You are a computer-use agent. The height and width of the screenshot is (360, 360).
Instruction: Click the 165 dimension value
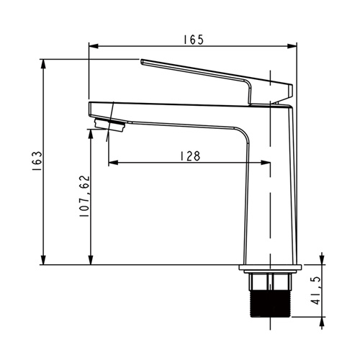194,40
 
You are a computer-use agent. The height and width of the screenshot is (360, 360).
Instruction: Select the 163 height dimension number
37,161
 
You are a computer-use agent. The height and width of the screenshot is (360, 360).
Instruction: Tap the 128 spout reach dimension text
190,156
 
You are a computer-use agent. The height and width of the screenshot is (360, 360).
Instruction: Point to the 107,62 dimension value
84,197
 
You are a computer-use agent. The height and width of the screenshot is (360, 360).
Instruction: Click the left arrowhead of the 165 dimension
94,46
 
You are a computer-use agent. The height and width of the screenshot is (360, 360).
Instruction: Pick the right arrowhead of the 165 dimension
292,46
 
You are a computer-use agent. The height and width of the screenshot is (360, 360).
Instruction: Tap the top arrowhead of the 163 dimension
43,64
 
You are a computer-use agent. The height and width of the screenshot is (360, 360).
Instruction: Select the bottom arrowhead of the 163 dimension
43,260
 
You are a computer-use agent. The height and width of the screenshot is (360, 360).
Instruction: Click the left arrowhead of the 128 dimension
113,163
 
